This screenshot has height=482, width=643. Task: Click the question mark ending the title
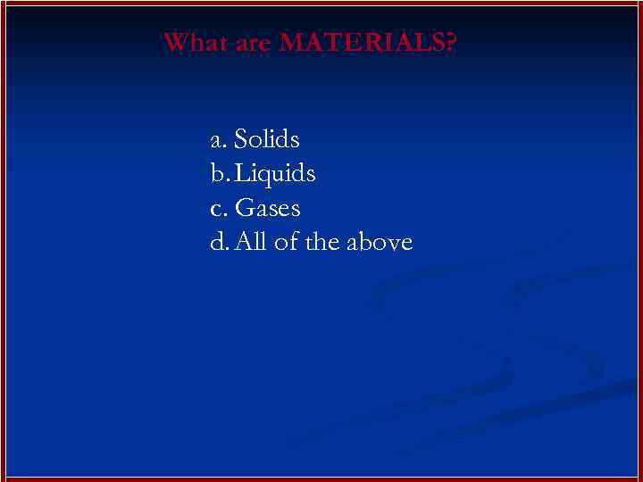click(448, 43)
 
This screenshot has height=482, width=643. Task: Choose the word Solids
click(266, 140)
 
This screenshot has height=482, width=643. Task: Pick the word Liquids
click(275, 174)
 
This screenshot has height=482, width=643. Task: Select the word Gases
click(267, 209)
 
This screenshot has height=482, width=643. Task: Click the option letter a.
click(216, 141)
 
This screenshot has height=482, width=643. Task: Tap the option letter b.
click(216, 174)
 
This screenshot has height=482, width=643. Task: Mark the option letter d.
click(216, 242)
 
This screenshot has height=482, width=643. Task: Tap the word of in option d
click(286, 242)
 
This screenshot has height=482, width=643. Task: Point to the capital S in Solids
click(240, 140)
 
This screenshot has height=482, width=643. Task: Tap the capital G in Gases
click(243, 209)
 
